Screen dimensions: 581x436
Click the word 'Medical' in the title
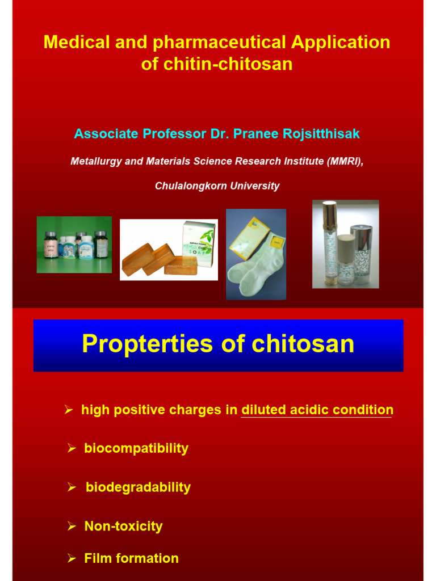(x=72, y=42)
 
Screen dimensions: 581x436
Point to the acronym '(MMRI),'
(x=345, y=161)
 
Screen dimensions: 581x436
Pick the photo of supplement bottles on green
(x=74, y=245)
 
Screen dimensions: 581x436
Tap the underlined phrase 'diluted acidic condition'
(x=317, y=410)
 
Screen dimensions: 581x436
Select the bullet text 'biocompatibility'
(x=136, y=448)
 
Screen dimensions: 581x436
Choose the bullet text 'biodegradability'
(x=138, y=487)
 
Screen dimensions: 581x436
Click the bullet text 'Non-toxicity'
(x=123, y=526)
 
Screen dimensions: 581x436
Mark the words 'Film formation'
(x=131, y=558)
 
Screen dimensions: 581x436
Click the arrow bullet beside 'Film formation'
(x=72, y=559)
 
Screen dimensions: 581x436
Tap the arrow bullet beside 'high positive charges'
(x=69, y=410)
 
